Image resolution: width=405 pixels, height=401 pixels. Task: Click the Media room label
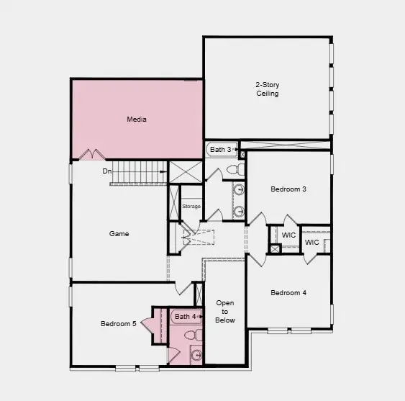pyautogui.click(x=137, y=120)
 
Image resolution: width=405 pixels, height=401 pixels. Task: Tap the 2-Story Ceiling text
pyautogui.click(x=268, y=89)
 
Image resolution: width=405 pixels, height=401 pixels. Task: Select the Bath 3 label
pyautogui.click(x=220, y=150)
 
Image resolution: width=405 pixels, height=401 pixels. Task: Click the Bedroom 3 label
pyautogui.click(x=288, y=189)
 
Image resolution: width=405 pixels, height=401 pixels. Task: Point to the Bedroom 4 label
pyautogui.click(x=288, y=293)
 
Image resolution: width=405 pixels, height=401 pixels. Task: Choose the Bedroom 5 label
pyautogui.click(x=119, y=324)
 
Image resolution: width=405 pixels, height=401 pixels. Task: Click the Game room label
pyautogui.click(x=119, y=234)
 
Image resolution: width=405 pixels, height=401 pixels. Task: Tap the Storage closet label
pyautogui.click(x=191, y=207)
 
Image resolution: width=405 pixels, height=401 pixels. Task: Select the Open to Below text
pyautogui.click(x=225, y=312)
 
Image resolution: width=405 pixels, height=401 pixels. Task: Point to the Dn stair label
pyautogui.click(x=106, y=171)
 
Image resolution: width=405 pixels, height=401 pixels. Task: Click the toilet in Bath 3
pyautogui.click(x=232, y=170)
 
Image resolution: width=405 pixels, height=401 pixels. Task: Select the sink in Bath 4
pyautogui.click(x=196, y=353)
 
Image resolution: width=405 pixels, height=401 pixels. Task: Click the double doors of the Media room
pyautogui.click(x=92, y=154)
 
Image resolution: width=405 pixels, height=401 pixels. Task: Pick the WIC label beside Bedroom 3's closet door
pyautogui.click(x=288, y=235)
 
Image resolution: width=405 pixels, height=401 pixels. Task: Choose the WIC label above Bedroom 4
pyautogui.click(x=311, y=243)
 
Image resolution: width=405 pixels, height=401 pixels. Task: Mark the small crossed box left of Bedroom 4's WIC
pyautogui.click(x=274, y=249)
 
